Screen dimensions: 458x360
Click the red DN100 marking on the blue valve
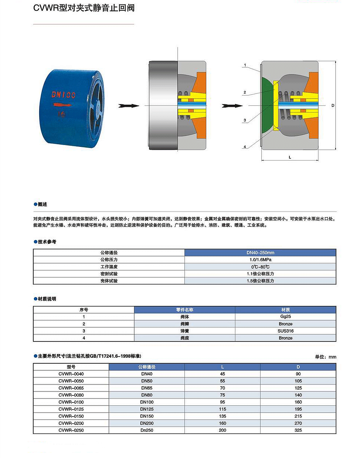(64, 95)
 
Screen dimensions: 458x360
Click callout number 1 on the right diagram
(245, 65)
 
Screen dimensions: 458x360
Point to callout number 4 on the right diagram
(245, 147)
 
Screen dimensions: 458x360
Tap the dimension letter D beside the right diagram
(333, 105)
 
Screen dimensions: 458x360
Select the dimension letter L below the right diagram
(290, 157)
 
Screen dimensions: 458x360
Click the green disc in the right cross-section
(268, 105)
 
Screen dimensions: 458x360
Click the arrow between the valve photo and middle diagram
(128, 106)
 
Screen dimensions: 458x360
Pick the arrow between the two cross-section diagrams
(232, 106)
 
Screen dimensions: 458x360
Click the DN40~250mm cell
(260, 253)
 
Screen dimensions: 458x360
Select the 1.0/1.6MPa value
(260, 260)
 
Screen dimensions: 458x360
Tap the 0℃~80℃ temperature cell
(260, 267)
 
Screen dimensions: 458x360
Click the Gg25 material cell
(285, 317)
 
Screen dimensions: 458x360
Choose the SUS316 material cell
(285, 331)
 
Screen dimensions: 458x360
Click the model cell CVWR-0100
(71, 402)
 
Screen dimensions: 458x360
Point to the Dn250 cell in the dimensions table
(147, 430)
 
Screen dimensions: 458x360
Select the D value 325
(298, 430)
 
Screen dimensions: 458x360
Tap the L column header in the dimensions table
(223, 367)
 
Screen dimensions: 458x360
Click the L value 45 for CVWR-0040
(223, 374)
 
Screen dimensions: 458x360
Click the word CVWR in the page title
(46, 8)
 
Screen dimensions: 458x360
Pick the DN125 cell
(147, 409)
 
